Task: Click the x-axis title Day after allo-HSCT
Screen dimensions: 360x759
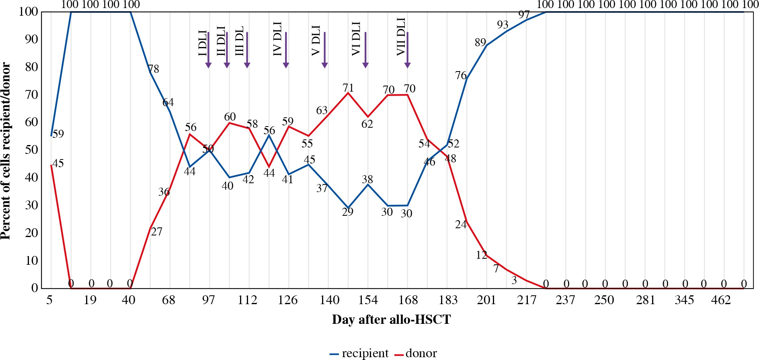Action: pyautogui.click(x=391, y=320)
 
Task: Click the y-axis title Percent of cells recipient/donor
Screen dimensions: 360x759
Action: pyautogui.click(x=6, y=151)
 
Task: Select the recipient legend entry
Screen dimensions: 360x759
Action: pyautogui.click(x=359, y=353)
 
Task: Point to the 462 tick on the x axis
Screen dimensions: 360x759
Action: pyautogui.click(x=721, y=300)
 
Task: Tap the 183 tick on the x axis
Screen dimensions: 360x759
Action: pyautogui.click(x=448, y=300)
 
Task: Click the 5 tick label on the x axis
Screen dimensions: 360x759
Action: pyautogui.click(x=49, y=300)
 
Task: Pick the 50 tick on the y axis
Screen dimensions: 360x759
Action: pyautogui.click(x=31, y=150)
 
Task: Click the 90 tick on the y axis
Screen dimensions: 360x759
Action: pyautogui.click(x=31, y=39)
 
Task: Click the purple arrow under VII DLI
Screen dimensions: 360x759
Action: pyautogui.click(x=407, y=50)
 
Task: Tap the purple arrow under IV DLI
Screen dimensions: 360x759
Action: pyautogui.click(x=286, y=50)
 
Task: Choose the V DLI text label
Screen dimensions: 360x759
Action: pyautogui.click(x=316, y=40)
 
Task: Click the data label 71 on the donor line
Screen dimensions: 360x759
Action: pyautogui.click(x=348, y=88)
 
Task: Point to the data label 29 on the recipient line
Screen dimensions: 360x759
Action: pyautogui.click(x=348, y=212)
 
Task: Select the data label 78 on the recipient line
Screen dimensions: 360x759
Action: pyautogui.click(x=154, y=69)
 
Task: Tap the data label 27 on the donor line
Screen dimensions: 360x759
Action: pyautogui.click(x=156, y=232)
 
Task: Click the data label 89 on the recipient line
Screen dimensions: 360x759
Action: pyautogui.click(x=480, y=42)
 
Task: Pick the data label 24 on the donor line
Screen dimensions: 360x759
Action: pyautogui.click(x=461, y=225)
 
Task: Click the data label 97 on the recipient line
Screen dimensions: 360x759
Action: pyautogui.click(x=524, y=15)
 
